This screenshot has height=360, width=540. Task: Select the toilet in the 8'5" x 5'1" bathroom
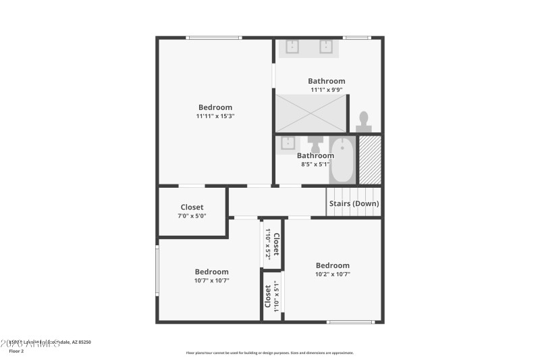315,144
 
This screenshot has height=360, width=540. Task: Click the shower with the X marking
310,113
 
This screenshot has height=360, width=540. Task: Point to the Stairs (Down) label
354,203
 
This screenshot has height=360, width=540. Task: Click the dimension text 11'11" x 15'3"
215,116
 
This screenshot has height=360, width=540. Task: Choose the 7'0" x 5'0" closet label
192,215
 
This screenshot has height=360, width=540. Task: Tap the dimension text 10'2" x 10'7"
333,274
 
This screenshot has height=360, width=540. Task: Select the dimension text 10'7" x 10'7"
212,280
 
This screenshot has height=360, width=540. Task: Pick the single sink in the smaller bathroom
288,143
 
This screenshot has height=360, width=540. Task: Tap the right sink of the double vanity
326,46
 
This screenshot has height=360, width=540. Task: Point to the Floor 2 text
16,351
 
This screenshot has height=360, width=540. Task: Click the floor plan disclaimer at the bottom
269,353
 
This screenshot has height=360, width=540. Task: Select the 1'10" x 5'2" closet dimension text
268,245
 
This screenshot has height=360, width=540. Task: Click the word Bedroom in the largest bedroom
215,107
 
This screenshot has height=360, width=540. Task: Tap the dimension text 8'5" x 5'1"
315,163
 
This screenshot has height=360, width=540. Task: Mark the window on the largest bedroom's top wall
214,38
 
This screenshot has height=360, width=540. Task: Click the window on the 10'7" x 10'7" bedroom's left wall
157,269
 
